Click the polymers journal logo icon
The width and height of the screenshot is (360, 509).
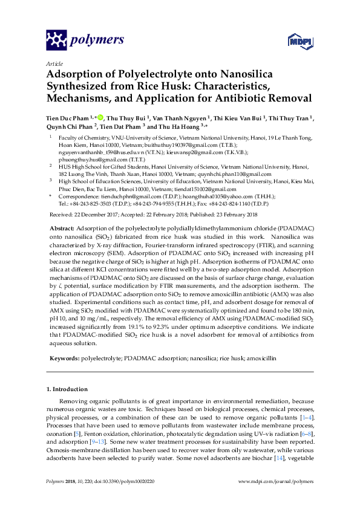[56, 40]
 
